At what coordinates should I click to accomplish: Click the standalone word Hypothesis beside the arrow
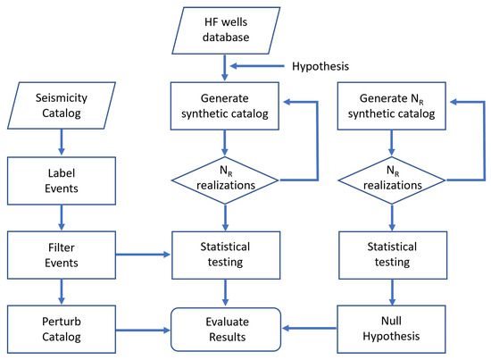[320, 65]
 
